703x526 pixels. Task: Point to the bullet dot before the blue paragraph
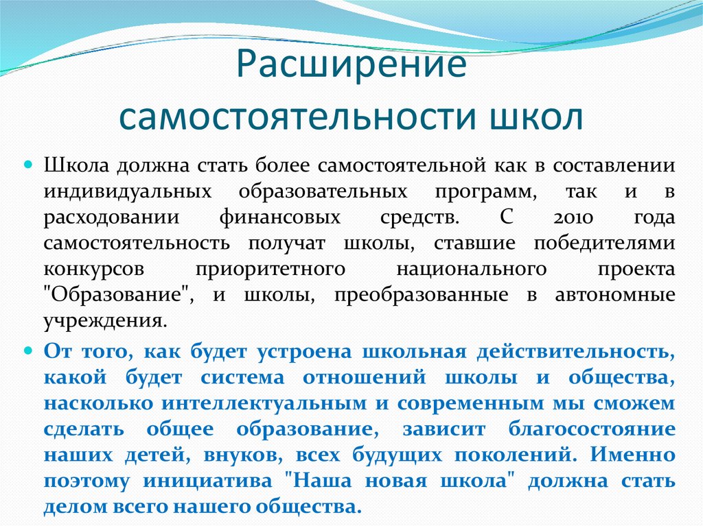30,350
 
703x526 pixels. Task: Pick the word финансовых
280,218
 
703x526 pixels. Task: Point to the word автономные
612,295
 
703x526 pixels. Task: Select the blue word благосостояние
592,429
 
